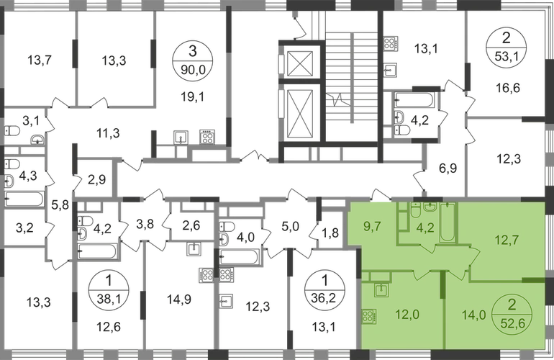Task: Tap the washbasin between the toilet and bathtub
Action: [x=430, y=210]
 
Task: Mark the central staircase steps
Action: [x=348, y=79]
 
